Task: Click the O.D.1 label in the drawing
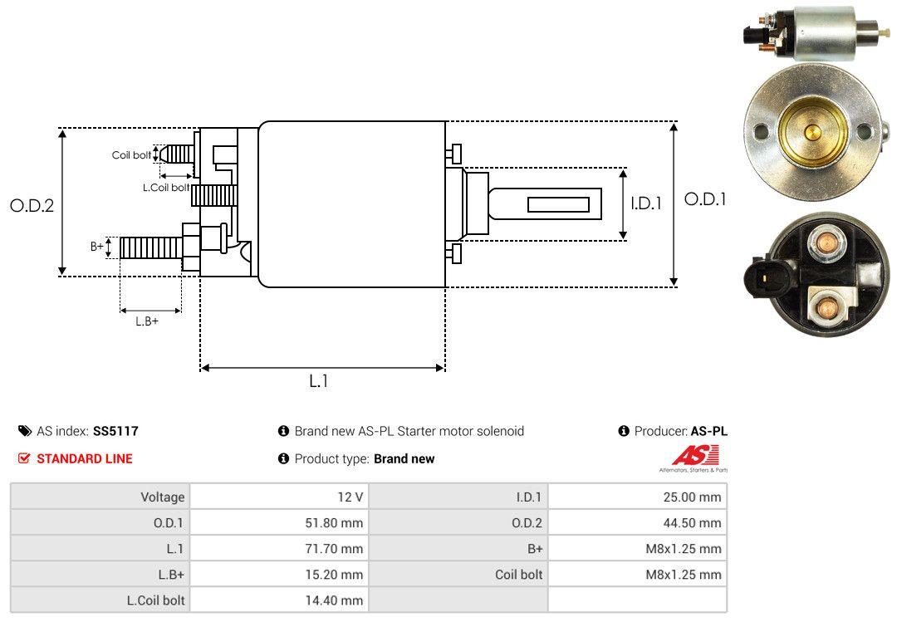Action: tap(705, 199)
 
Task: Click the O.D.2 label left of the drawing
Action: tap(32, 205)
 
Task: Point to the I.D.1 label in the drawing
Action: tap(646, 203)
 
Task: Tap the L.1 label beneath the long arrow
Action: tap(319, 381)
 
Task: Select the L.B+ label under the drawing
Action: tap(147, 321)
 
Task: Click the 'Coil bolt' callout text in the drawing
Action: tap(131, 155)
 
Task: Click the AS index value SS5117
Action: tap(115, 431)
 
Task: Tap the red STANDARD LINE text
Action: tap(85, 458)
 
